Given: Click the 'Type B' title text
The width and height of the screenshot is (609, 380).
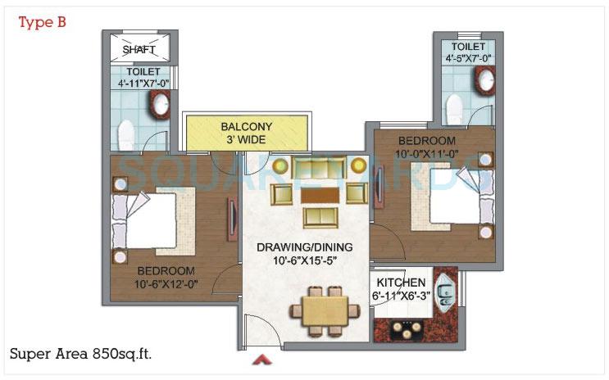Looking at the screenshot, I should (42, 21).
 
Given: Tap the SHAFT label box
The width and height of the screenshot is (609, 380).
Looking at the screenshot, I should (139, 49).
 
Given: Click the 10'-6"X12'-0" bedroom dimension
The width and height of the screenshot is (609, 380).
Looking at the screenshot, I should (166, 283).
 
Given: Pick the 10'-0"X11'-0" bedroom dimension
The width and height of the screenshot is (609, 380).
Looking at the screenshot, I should (432, 152).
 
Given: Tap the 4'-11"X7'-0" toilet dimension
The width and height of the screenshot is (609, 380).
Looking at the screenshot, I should (144, 84).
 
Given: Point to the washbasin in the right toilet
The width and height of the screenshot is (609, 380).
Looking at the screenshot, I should (484, 80).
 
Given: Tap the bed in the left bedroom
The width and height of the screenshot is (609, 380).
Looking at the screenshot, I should (152, 218).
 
